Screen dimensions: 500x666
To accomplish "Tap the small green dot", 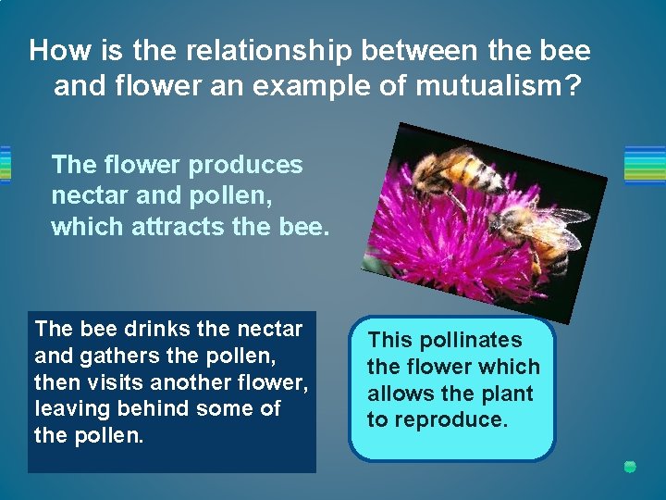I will click(630, 467).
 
